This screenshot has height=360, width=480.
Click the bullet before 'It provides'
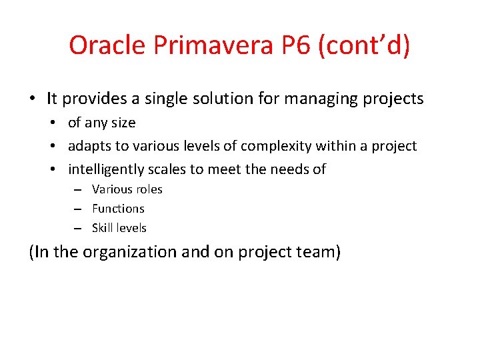pyautogui.click(x=32, y=99)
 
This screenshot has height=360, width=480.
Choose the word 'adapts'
pyautogui.click(x=89, y=146)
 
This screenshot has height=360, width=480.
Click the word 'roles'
pyautogui.click(x=148, y=189)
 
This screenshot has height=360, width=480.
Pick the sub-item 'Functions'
pyautogui.click(x=118, y=209)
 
